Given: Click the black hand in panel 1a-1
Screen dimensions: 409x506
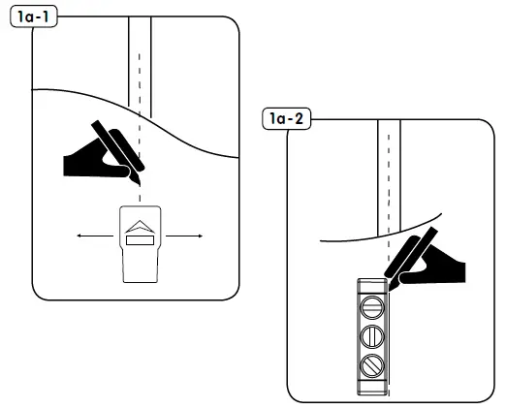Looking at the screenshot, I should [x=93, y=161].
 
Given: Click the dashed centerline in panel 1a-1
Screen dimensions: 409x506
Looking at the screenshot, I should [x=140, y=116].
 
